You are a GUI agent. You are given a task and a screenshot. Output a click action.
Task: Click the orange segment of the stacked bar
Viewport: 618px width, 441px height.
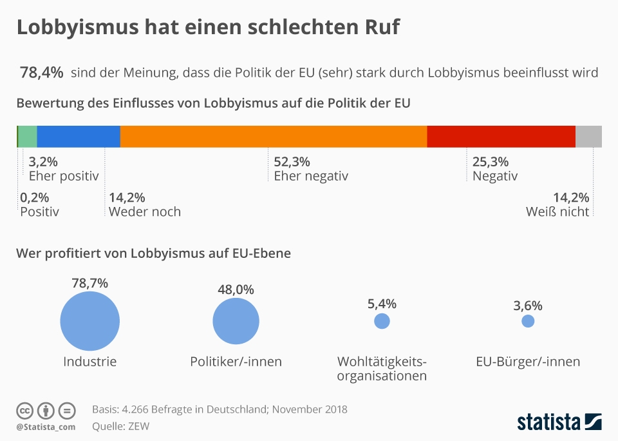[274, 137]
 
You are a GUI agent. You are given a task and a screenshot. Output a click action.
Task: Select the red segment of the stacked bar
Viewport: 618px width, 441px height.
[501, 137]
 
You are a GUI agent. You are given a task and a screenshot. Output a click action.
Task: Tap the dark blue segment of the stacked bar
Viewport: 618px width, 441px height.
[79, 137]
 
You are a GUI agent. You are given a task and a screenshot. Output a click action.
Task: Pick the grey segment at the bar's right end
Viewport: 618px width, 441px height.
[588, 137]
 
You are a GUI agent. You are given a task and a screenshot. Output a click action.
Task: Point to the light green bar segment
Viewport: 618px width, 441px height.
[27, 137]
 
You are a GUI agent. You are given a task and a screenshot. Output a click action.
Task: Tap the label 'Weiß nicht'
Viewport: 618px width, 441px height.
[557, 211]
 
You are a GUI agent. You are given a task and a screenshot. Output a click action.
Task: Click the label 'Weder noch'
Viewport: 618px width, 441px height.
[145, 211]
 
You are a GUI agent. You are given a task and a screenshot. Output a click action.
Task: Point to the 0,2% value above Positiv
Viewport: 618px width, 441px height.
[35, 197]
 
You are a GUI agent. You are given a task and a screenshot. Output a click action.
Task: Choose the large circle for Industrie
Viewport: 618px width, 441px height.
[90, 320]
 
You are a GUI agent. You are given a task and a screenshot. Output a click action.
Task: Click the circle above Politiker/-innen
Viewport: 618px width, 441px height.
[236, 320]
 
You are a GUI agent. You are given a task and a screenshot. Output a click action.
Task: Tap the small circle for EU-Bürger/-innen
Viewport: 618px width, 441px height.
[528, 320]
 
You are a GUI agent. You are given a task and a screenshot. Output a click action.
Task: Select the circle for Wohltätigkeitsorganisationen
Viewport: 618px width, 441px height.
[382, 320]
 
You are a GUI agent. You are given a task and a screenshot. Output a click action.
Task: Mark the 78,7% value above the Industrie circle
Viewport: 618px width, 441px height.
[90, 282]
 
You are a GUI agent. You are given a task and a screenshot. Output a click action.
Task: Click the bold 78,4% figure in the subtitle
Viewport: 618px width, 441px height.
[42, 72]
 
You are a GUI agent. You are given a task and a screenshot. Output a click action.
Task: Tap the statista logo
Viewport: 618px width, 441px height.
[559, 422]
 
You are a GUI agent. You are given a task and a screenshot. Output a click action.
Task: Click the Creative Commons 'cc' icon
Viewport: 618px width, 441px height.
[24, 410]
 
